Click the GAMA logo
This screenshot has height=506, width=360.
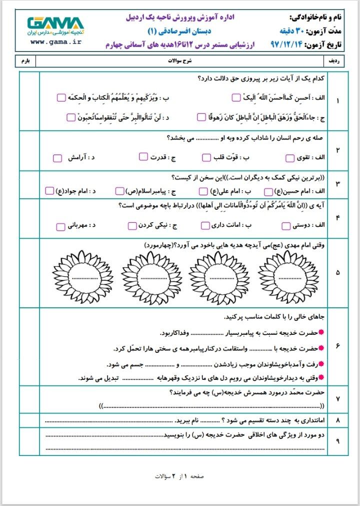[55, 25]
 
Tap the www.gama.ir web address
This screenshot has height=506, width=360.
[55, 42]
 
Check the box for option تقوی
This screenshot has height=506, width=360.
[290, 158]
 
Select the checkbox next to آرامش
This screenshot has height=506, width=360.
[57, 158]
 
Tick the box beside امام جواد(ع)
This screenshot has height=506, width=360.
[49, 191]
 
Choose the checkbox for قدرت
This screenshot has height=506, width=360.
[143, 158]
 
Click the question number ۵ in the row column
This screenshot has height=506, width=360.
[338, 273]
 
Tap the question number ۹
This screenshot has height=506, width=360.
[338, 441]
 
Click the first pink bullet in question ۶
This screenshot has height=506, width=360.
[321, 332]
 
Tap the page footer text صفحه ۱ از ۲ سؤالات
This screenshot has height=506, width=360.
[179, 476]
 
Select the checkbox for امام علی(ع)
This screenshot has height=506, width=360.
[203, 191]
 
